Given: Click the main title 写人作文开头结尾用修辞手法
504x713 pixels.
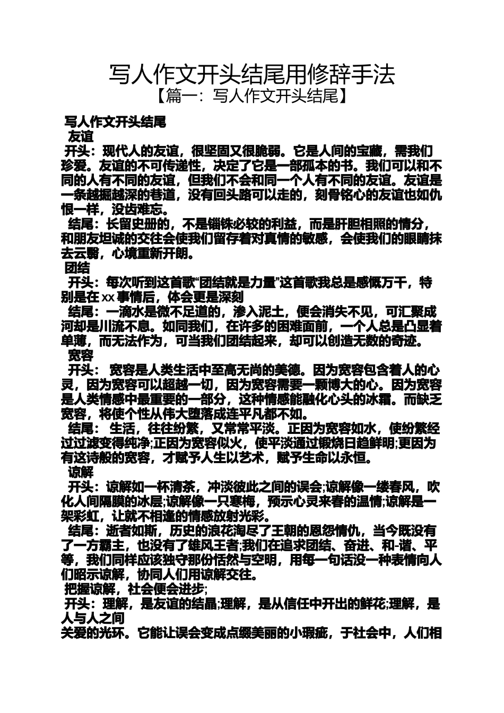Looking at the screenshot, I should pyautogui.click(x=252, y=75).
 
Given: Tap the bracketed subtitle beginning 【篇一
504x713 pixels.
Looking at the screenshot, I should pyautogui.click(x=252, y=97).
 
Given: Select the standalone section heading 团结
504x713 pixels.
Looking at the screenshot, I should pyautogui.click(x=77, y=267).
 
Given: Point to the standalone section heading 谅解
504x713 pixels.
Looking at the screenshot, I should pyautogui.click(x=81, y=472).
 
